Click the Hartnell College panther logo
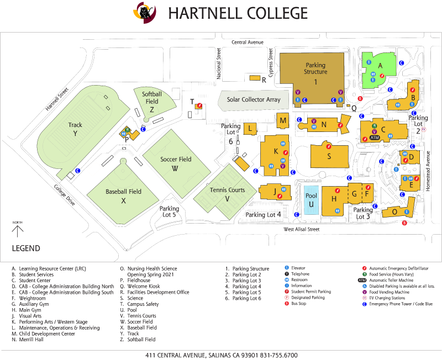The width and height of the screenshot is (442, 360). point(145,12)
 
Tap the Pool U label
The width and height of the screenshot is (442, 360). point(311,200)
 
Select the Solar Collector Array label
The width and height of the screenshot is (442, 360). point(254,100)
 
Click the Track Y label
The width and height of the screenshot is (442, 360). point(75,129)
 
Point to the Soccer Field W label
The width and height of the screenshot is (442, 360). point(176,163)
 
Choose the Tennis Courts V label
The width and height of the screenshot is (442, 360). point(227,194)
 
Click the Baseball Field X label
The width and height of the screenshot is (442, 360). point(123,196)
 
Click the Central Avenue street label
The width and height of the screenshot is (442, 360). point(248,43)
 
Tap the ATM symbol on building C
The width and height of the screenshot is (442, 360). point(375,137)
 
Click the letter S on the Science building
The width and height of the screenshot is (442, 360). point(329,156)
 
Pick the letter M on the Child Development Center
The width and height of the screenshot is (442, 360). point(283,120)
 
